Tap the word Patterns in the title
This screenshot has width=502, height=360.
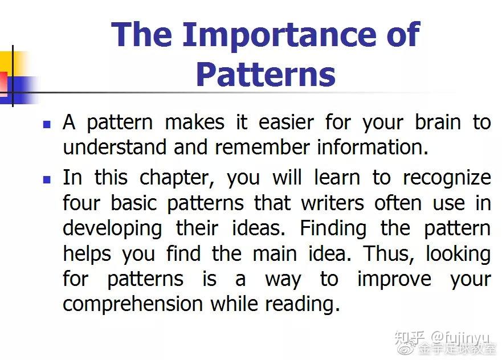tap(266, 74)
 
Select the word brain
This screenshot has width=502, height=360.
tap(438, 122)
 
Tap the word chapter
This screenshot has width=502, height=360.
tap(177, 178)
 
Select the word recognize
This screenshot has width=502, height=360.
tap(447, 178)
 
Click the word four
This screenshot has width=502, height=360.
tap(82, 203)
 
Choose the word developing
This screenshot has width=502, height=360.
tap(112, 229)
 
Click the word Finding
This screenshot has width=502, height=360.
tap(333, 228)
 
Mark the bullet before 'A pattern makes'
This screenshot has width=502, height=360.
tap(47, 124)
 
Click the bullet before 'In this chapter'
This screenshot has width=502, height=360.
tap(47, 179)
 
